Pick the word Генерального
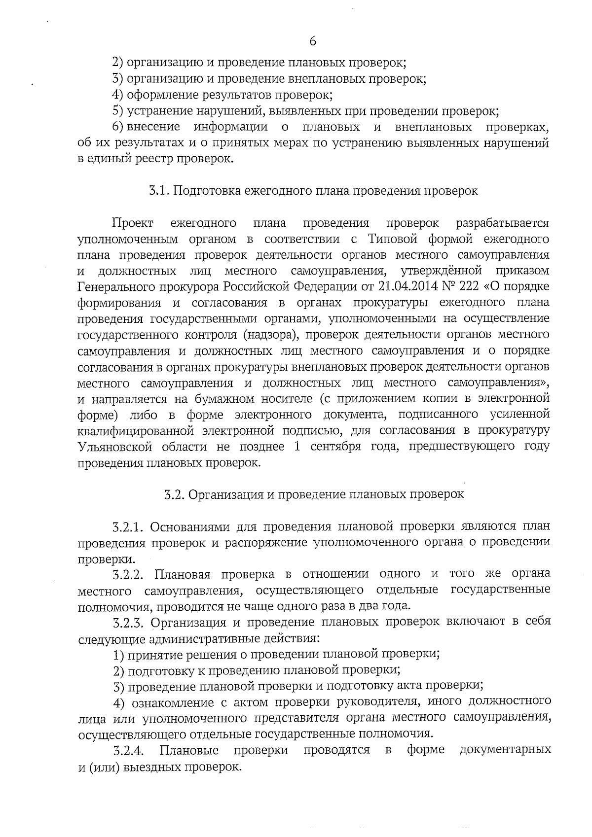pos(114,286)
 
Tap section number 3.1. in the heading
pos(160,191)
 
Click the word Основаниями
pos(189,526)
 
